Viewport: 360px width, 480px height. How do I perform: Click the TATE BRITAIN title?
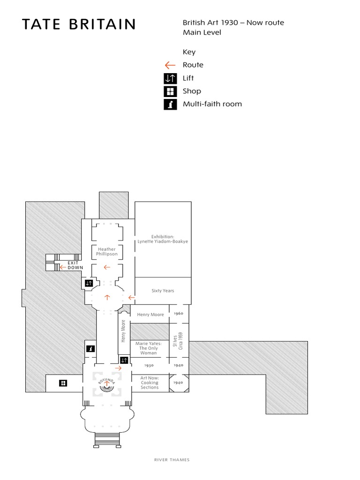pos(79,24)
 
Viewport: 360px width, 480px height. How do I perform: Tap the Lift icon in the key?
pos(170,78)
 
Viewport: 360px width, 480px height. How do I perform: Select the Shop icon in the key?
pos(170,91)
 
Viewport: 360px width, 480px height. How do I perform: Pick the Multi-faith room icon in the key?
pos(170,104)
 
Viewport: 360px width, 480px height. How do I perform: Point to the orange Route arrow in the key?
pos(170,65)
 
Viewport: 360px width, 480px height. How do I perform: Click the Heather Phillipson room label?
pos(107,252)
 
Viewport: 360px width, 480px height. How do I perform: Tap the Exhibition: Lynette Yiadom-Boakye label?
pos(163,239)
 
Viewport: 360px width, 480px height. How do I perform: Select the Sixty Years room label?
pos(163,291)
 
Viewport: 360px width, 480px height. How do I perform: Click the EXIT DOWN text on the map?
pos(75,265)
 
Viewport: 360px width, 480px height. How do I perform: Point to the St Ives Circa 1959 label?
pos(179,340)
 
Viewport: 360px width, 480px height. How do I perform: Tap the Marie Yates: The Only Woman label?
pos(150,348)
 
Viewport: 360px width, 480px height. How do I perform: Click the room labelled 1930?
pos(149,365)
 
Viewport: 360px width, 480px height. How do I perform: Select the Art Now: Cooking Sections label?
pos(150,382)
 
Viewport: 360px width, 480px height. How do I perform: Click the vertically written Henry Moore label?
pos(123,331)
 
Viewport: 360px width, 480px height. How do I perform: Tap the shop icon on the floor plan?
pos(63,383)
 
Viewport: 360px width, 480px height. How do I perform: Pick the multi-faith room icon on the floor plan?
pos(90,348)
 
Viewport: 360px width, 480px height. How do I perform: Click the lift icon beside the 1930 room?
pos(124,360)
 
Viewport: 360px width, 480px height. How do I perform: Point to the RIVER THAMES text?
pos(172,460)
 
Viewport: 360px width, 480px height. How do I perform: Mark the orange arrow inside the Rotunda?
pos(107,384)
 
